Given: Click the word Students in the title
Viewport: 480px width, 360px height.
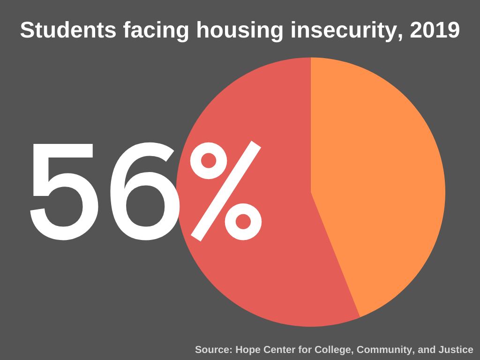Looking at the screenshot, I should coord(68,30).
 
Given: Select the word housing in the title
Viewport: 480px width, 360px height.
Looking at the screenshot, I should coord(240,31).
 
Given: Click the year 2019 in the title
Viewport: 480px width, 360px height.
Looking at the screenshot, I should coord(435,30).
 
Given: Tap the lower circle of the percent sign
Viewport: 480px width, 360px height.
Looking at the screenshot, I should coord(243,221).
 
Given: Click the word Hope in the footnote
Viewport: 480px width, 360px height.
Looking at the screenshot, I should coord(247,350).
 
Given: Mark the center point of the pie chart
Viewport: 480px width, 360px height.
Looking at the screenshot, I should coord(311,192).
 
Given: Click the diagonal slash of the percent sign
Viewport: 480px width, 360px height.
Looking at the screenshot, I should coord(225,190).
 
